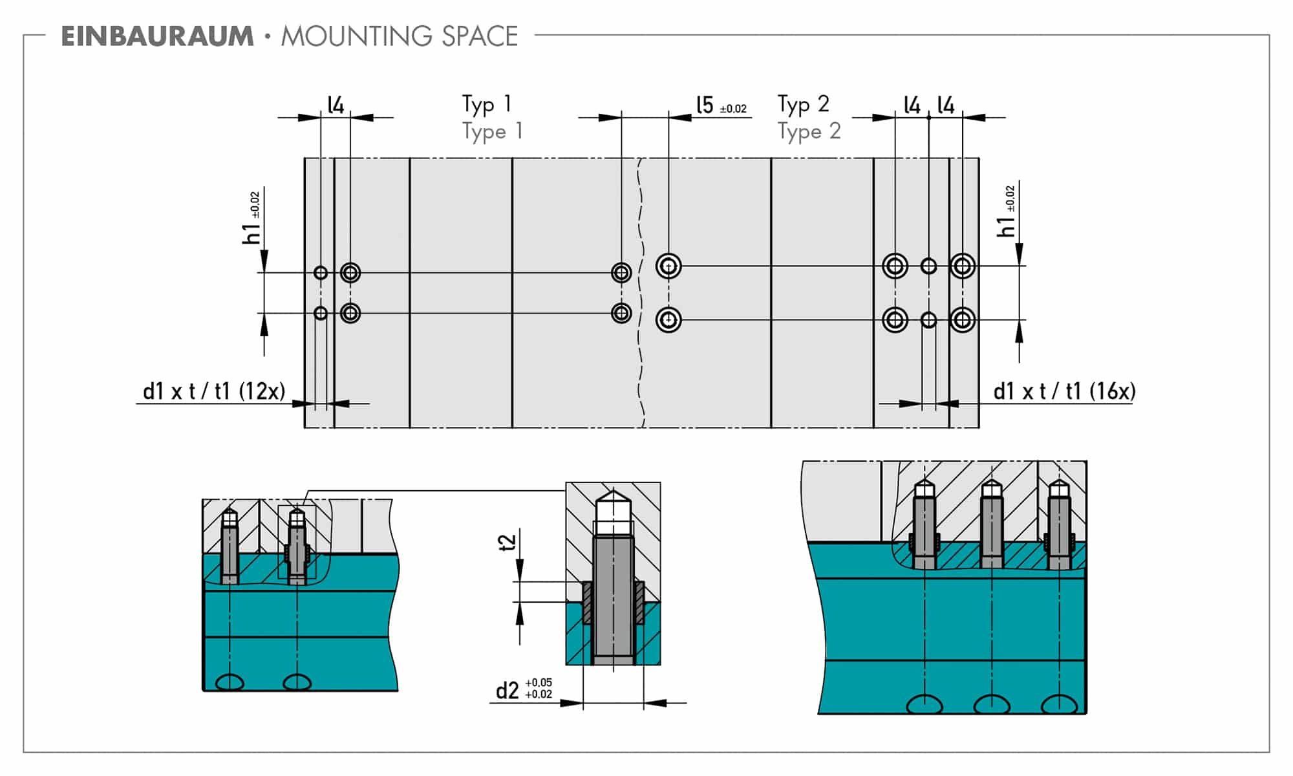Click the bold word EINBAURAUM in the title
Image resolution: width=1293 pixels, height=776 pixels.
(157, 36)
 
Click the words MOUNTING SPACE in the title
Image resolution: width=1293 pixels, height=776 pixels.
(400, 36)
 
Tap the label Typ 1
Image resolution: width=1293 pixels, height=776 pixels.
(487, 104)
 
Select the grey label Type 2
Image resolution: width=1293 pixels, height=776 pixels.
(809, 131)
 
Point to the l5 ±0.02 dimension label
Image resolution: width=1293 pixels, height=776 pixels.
(720, 105)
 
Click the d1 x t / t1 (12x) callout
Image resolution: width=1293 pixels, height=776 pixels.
(214, 391)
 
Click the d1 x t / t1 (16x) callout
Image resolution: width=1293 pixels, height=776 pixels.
(1064, 391)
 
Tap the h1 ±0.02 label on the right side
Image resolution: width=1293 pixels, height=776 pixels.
(1007, 211)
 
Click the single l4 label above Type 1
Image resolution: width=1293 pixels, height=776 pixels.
(336, 105)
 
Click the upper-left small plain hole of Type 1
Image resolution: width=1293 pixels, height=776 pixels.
(321, 273)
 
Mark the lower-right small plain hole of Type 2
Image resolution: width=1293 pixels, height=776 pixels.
(928, 320)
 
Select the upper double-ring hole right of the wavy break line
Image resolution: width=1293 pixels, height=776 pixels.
(668, 266)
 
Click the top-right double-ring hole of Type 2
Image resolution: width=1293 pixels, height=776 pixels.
(963, 266)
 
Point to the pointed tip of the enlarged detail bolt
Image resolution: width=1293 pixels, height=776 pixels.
(613, 497)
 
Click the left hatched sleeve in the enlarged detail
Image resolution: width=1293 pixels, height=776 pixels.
(587, 603)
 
